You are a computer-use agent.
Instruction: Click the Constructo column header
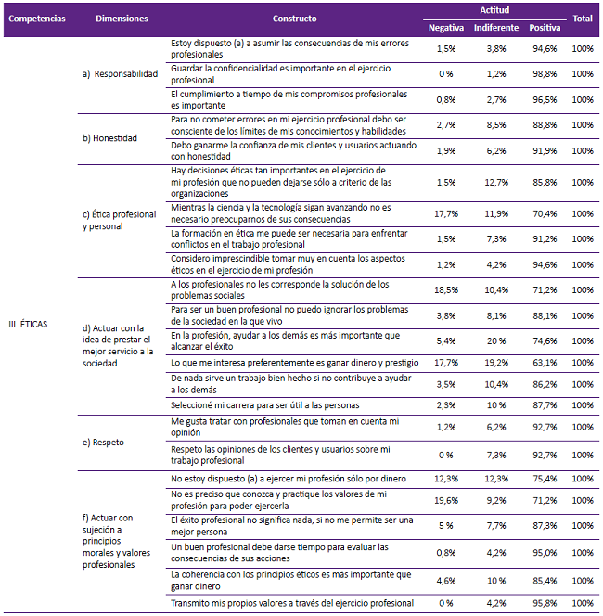click(x=294, y=18)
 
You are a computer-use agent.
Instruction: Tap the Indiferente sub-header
click(x=496, y=28)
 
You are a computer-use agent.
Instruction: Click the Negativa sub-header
click(x=445, y=28)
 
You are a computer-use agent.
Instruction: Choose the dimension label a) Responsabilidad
click(x=120, y=74)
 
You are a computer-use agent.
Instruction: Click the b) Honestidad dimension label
click(x=109, y=138)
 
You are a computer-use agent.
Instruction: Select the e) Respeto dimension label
click(x=105, y=442)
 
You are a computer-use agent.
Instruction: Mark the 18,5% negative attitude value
click(x=445, y=290)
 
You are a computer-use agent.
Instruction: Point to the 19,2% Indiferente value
click(x=496, y=362)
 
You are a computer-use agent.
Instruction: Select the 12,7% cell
click(x=496, y=183)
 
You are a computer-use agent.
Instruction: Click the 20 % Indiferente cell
click(x=496, y=340)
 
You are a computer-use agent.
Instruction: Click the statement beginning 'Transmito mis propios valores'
click(x=292, y=604)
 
